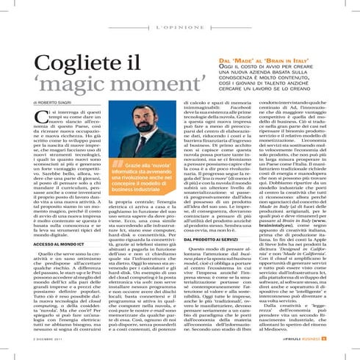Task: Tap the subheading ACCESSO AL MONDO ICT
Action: coord(48,243)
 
